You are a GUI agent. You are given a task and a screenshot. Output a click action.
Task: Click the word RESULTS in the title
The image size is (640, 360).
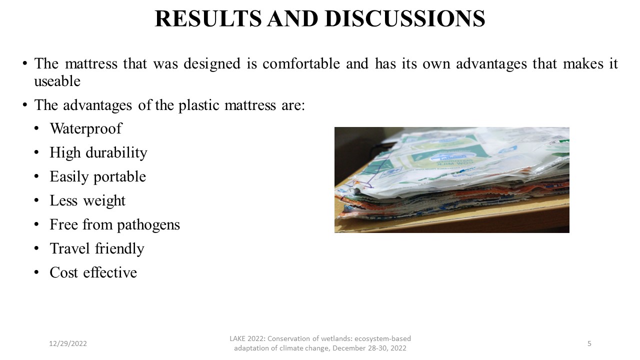(x=208, y=18)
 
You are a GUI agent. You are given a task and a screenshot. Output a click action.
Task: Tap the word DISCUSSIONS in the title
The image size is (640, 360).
(x=405, y=18)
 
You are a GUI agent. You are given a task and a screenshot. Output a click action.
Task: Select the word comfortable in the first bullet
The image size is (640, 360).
(x=301, y=63)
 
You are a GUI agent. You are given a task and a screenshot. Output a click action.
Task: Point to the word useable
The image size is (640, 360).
(x=57, y=81)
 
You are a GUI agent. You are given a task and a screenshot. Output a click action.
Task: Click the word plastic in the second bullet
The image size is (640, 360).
(x=198, y=105)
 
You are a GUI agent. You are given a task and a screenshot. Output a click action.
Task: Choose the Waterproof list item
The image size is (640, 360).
(x=85, y=128)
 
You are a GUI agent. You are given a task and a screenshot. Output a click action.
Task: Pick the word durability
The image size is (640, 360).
(x=116, y=152)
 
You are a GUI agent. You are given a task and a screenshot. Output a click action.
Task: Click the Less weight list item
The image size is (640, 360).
(x=87, y=200)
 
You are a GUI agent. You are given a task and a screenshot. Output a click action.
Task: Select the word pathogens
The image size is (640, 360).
(x=148, y=224)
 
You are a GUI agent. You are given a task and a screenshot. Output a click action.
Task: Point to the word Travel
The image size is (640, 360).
(x=70, y=248)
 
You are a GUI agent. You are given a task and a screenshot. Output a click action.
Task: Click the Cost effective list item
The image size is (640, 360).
(x=93, y=272)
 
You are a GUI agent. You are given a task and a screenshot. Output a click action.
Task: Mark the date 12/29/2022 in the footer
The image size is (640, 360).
(x=68, y=343)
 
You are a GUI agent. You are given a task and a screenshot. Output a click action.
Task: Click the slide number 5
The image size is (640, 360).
(x=589, y=343)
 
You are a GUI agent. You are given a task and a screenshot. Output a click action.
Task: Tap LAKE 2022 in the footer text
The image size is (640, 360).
(x=247, y=338)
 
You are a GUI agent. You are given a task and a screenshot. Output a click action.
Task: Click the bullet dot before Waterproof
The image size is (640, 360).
(x=36, y=128)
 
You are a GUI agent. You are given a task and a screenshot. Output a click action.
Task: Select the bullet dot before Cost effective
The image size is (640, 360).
(x=36, y=272)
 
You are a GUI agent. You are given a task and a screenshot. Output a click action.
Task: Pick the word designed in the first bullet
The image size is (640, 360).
(x=212, y=63)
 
